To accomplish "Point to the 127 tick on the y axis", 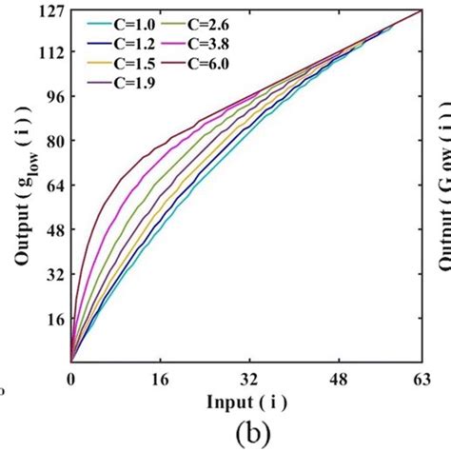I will pyautogui.click(x=49, y=10).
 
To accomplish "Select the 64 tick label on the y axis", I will pyautogui.click(x=53, y=186).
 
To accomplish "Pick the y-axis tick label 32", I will pyautogui.click(x=53, y=274).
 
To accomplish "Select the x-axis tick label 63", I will pyautogui.click(x=420, y=379).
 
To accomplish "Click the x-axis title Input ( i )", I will pyautogui.click(x=245, y=402).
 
